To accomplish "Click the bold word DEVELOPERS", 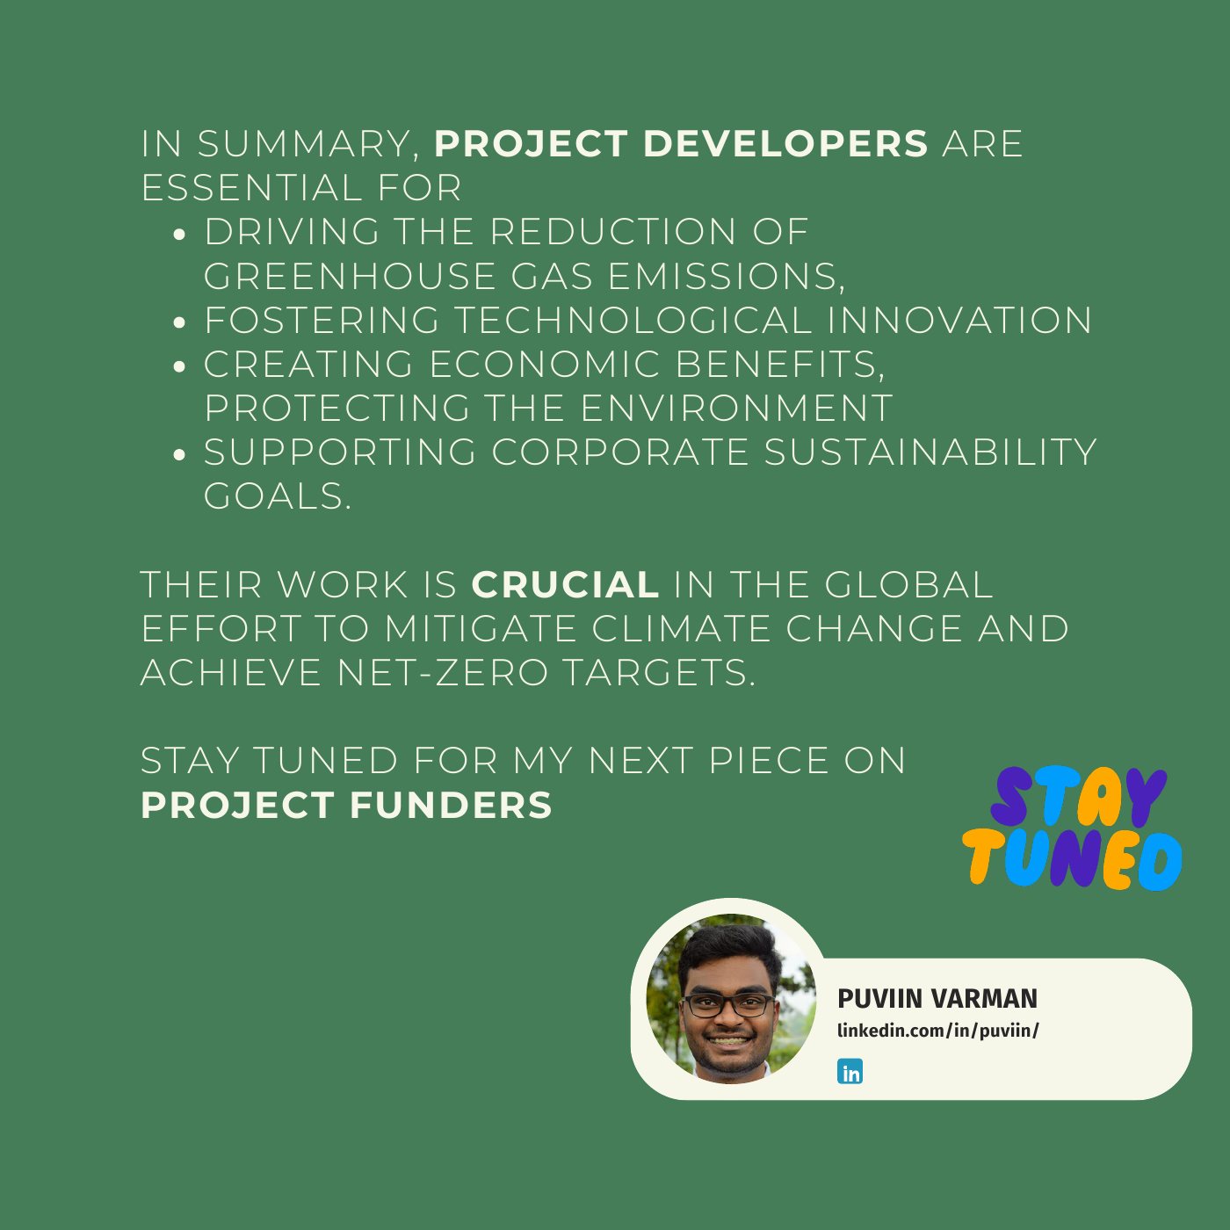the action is (x=785, y=143).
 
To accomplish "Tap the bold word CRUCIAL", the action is (x=565, y=584).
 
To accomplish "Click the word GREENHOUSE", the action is (x=349, y=276).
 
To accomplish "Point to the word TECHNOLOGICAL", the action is (x=633, y=320).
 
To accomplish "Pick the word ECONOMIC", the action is (x=545, y=364).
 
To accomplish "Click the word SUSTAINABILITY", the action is (x=930, y=452).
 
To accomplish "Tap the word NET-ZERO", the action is (x=442, y=672).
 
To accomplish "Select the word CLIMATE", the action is (x=681, y=628).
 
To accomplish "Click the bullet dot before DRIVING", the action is (x=179, y=235).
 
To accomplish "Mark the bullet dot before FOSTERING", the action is (x=179, y=322).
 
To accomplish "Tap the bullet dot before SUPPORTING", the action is (x=179, y=454).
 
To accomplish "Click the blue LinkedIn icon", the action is (x=850, y=1071).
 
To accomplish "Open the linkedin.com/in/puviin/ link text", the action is (x=937, y=1031).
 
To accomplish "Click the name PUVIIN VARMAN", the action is (x=937, y=999).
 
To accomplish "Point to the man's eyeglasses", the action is (x=728, y=1006).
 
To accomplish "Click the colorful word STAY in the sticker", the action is (x=1077, y=798).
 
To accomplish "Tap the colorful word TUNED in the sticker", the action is (x=1073, y=860).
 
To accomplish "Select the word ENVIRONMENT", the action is (x=736, y=408).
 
